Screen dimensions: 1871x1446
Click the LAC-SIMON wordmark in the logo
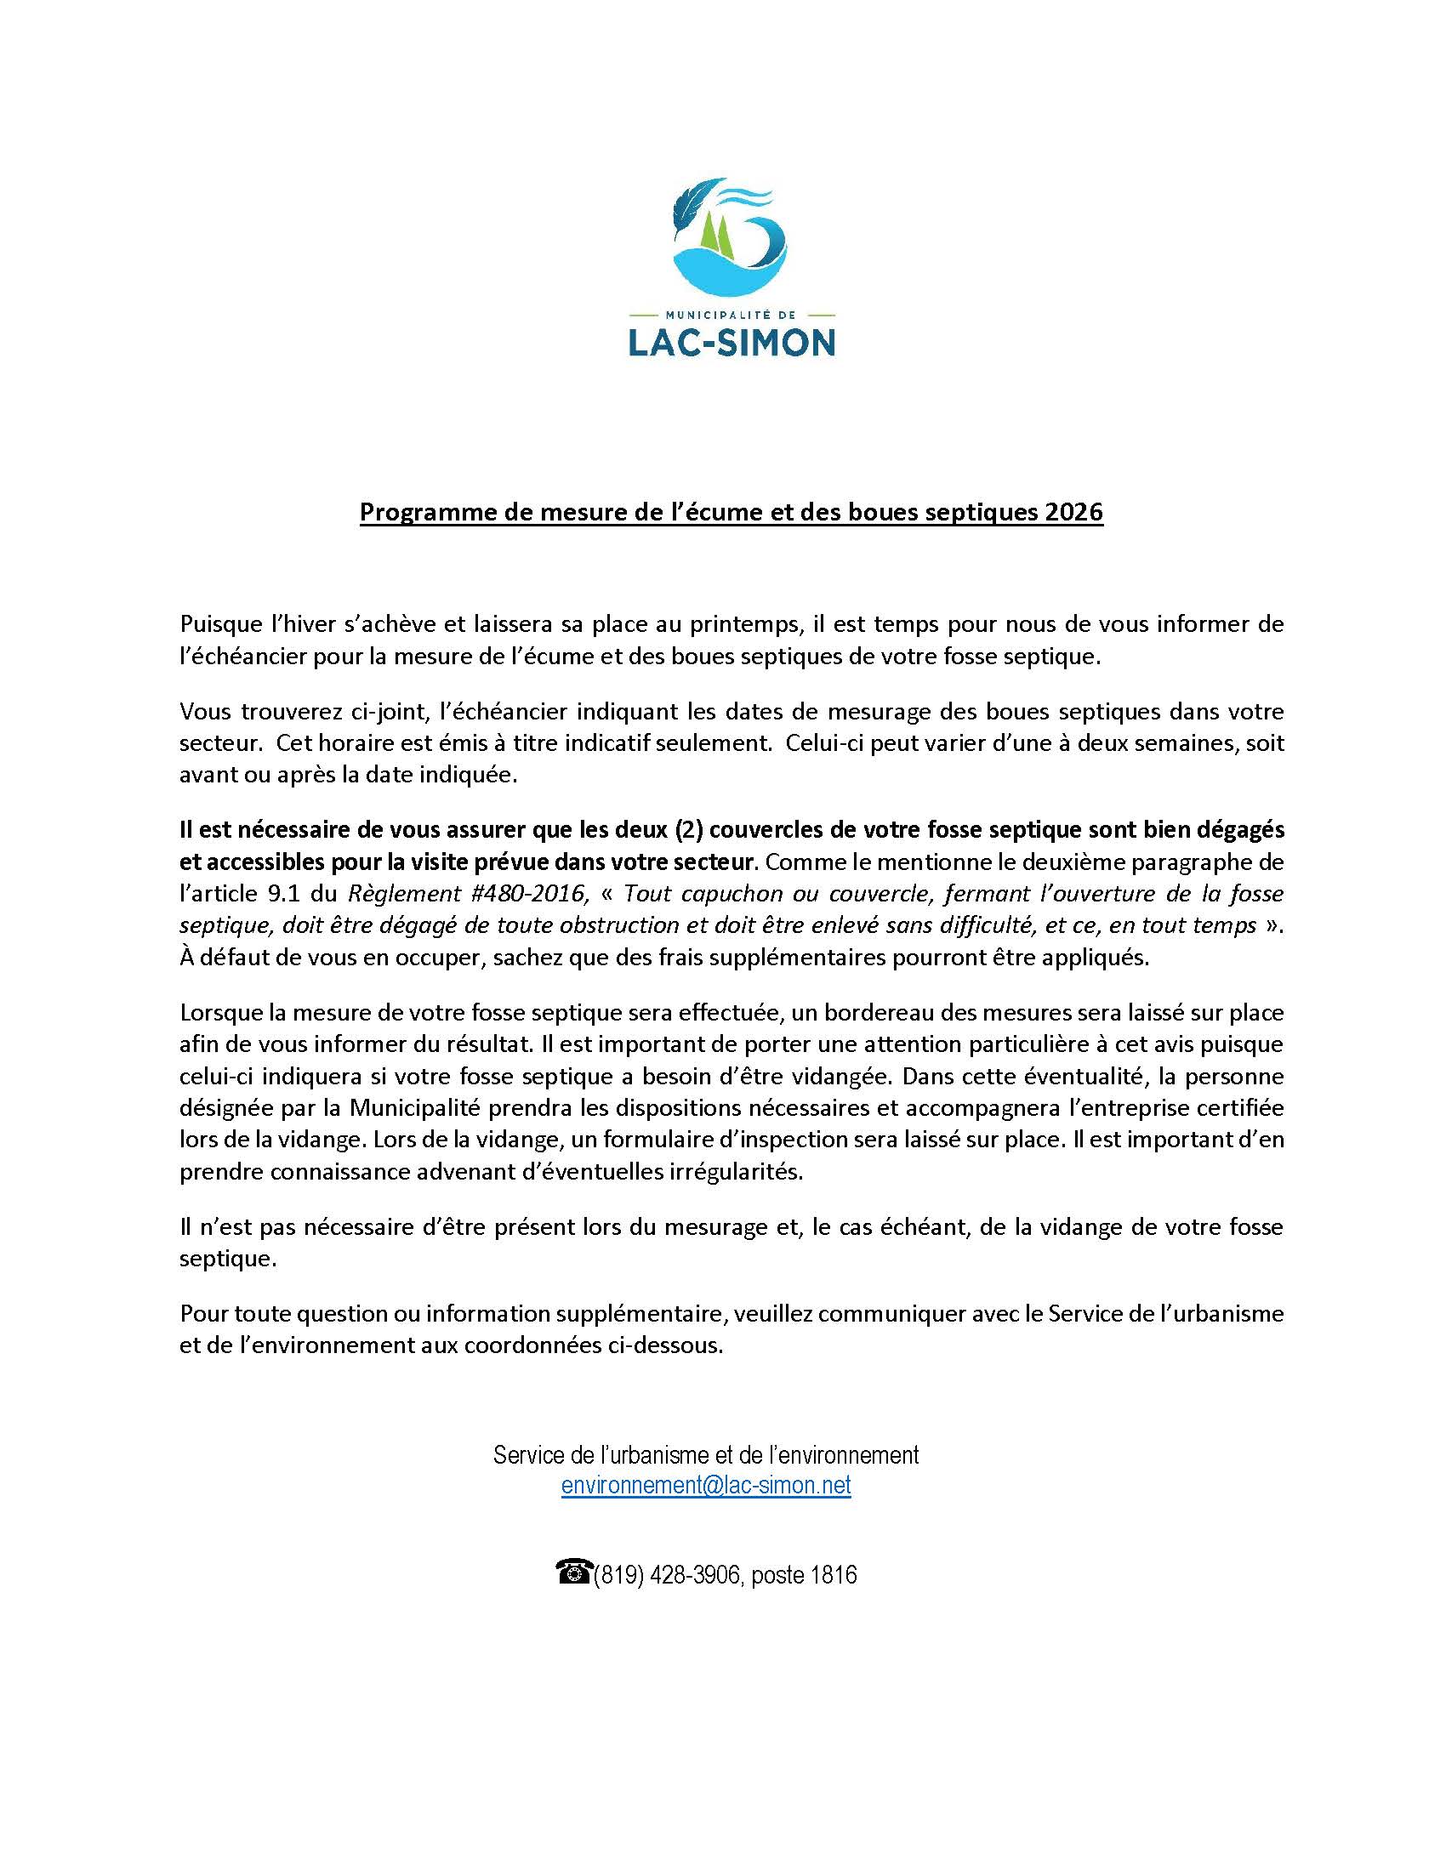coord(732,343)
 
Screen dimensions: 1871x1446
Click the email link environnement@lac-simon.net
coord(706,1485)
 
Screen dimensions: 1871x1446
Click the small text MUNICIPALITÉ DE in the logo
coord(732,315)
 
